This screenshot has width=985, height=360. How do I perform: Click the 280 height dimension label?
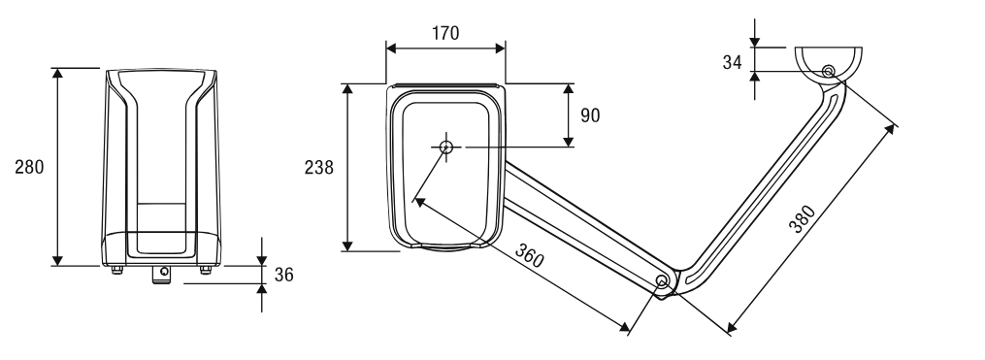pyautogui.click(x=29, y=167)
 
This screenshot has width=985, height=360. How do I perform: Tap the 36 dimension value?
pyautogui.click(x=284, y=276)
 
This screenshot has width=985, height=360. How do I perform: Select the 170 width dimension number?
pyautogui.click(x=445, y=33)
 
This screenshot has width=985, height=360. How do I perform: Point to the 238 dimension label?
pyautogui.click(x=319, y=168)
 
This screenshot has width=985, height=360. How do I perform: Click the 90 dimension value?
pyautogui.click(x=590, y=115)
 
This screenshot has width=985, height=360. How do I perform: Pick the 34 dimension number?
pyautogui.click(x=732, y=63)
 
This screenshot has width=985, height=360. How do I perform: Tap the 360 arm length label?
pyautogui.click(x=530, y=254)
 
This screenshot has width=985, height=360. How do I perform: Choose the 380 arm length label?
pyautogui.click(x=803, y=219)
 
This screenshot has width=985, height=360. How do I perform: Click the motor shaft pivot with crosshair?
pyautogui.click(x=446, y=147)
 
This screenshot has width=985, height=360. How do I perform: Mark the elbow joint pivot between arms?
pyautogui.click(x=662, y=280)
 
